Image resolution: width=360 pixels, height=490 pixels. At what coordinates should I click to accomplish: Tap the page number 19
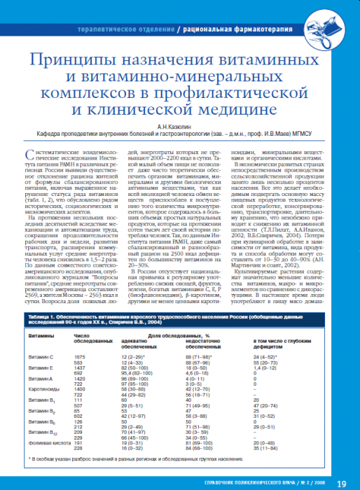[x=341, y=483]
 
